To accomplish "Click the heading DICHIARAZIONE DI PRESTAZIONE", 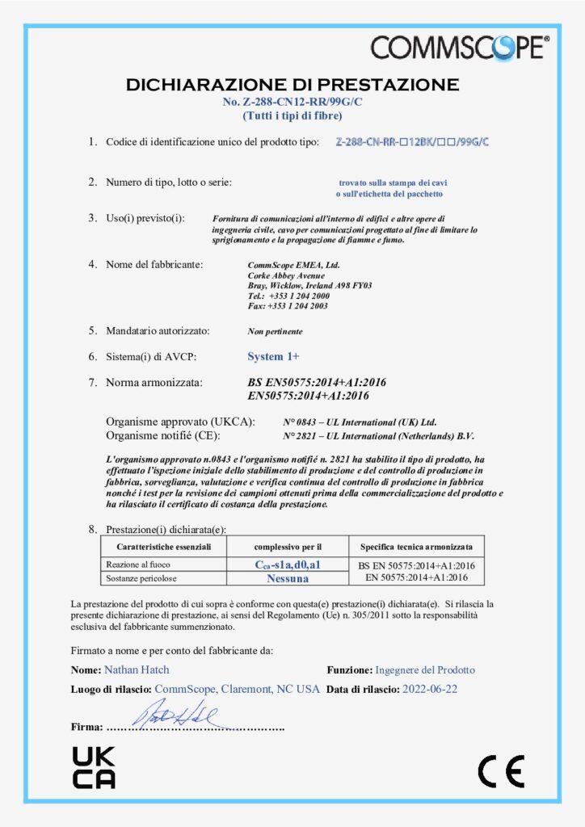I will point(292,85).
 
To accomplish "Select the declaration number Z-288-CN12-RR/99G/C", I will point(292,102).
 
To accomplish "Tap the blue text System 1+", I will point(274,356).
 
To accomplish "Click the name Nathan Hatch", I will point(137,670).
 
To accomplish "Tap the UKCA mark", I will point(94,767).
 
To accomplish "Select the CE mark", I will point(501,771).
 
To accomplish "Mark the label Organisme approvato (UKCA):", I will point(180,422).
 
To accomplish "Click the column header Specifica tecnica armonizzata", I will point(416,547).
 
